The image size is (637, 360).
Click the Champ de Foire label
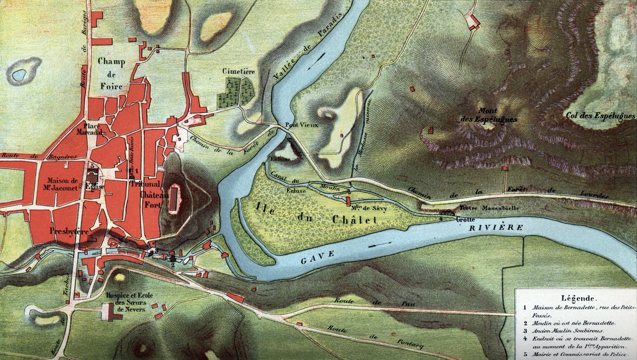111,74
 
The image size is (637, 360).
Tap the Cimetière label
239,72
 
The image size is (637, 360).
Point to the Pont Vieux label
302,125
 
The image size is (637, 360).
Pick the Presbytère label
70,231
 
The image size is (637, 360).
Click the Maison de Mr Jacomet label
62,184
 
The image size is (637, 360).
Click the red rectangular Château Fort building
174,198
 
